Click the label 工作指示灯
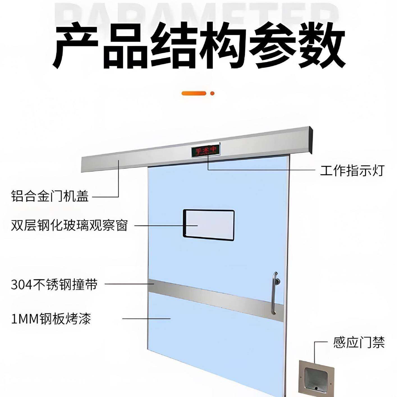[x=352, y=171]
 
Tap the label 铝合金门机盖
[x=50, y=196]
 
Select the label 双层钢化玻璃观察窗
[x=69, y=225]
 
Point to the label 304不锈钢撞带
[x=54, y=284]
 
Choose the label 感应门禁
[x=359, y=343]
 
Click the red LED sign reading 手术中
[x=206, y=150]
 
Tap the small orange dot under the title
[x=212, y=93]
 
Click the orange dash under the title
[x=194, y=93]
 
